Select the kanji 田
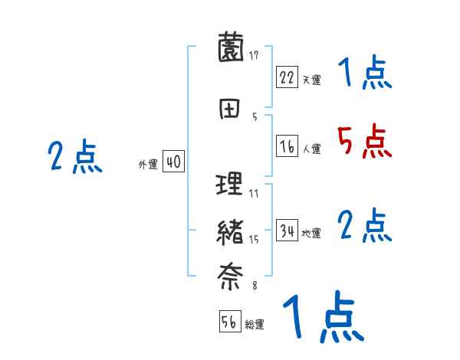[230, 109]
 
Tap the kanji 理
[230, 185]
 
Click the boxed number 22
[287, 78]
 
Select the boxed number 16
[287, 148]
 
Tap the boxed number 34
[287, 231]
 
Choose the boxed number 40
[173, 162]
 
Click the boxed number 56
[229, 322]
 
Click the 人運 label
[311, 149]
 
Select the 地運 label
[311, 233]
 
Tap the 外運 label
[147, 164]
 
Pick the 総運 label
[255, 324]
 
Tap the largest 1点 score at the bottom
[322, 319]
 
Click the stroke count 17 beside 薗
[254, 55]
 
